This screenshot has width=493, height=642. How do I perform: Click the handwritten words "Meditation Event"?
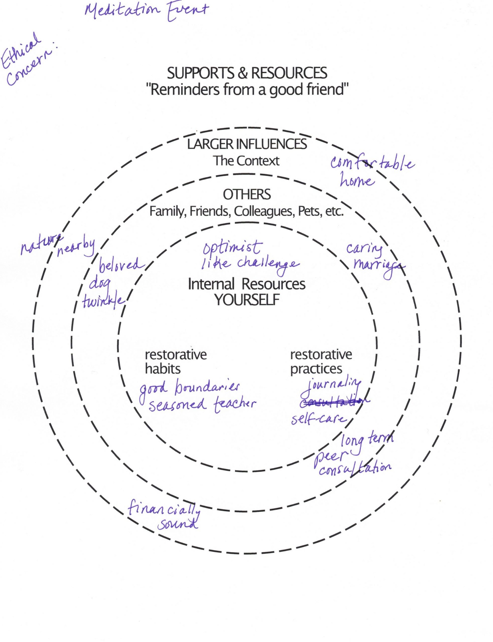(146, 11)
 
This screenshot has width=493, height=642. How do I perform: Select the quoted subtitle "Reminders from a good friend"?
(247, 90)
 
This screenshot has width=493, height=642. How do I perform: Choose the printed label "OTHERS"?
(247, 194)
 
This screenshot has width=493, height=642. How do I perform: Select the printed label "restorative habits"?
(175, 362)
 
